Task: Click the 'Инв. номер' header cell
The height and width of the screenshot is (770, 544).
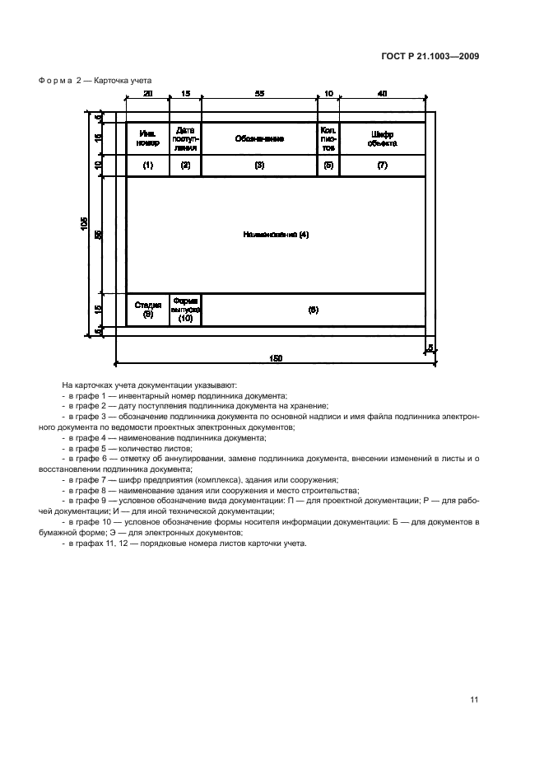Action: point(148,138)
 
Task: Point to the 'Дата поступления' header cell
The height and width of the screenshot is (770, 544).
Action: point(185,138)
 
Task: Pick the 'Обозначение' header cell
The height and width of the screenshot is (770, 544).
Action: point(259,139)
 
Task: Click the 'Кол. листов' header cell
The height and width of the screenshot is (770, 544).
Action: point(328,138)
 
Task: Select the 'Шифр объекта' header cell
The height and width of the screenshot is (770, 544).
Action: point(383,138)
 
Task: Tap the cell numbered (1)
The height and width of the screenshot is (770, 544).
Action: point(148,166)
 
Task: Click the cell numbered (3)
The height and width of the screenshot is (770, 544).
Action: point(259,166)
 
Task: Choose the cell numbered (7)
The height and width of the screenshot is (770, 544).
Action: point(383,166)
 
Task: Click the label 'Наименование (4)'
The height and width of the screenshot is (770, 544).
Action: point(276,235)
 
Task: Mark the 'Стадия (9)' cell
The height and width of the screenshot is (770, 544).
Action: point(148,310)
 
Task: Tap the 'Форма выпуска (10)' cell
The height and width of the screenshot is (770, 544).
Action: point(185,310)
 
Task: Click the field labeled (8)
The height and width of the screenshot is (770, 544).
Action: point(313,310)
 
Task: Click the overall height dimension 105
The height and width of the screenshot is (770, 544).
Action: point(85,224)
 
